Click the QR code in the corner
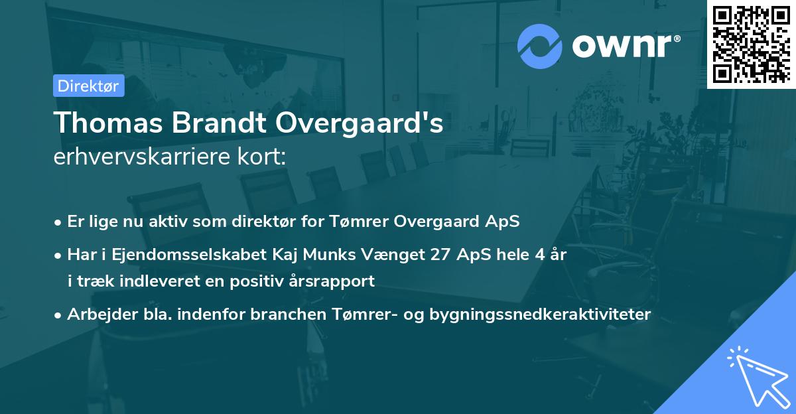(x=751, y=44)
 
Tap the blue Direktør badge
(x=88, y=86)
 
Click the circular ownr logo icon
(x=540, y=46)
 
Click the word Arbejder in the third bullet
(x=96, y=314)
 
